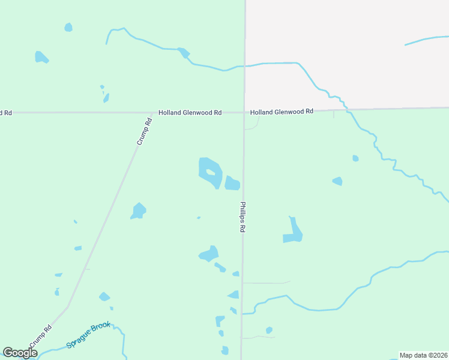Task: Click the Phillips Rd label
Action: pos(243,217)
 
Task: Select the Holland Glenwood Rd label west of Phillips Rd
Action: pos(190,112)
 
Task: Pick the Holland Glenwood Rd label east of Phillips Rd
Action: pos(282,112)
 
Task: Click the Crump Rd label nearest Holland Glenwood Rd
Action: pos(145,131)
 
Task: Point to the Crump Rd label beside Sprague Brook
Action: pos(40,337)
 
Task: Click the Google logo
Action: pos(20,353)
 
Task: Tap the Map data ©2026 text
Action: pos(423,355)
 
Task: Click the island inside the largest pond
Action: pos(210,173)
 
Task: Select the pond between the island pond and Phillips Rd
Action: pos(232,183)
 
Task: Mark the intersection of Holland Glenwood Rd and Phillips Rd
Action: pos(244,112)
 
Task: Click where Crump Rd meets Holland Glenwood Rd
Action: pos(151,112)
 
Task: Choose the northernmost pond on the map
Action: pos(68,27)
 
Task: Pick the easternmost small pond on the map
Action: pos(355,158)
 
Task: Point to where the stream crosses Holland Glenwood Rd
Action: pos(346,109)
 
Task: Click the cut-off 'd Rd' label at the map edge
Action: pos(6,112)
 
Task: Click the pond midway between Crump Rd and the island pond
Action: pos(139,211)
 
